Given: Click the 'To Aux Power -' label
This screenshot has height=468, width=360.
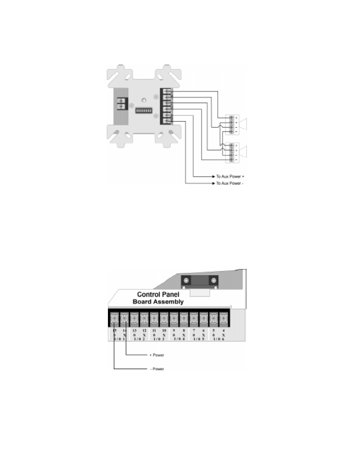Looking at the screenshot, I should pyautogui.click(x=230, y=183).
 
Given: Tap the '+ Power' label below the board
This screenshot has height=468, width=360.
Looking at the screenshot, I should pyautogui.click(x=157, y=355).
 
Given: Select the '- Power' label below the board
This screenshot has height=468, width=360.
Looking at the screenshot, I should pyautogui.click(x=157, y=369).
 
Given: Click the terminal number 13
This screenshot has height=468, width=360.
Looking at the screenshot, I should pyautogui.click(x=135, y=331).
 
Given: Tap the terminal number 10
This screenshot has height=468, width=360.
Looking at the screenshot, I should pyautogui.click(x=164, y=331).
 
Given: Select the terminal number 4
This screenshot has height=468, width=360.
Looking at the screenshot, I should pyautogui.click(x=223, y=331).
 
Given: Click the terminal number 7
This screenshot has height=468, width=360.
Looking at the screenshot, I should pyautogui.click(x=194, y=331).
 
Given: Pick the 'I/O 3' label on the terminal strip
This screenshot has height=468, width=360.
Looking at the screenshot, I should pyautogui.click(x=159, y=339).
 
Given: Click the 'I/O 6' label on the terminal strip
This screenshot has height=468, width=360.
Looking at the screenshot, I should pyautogui.click(x=219, y=339).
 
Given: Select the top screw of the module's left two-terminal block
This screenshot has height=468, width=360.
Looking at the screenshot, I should pyautogui.click(x=121, y=100).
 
